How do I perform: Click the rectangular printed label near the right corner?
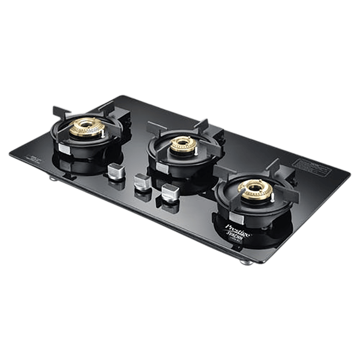311,167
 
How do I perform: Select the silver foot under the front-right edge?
244,262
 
